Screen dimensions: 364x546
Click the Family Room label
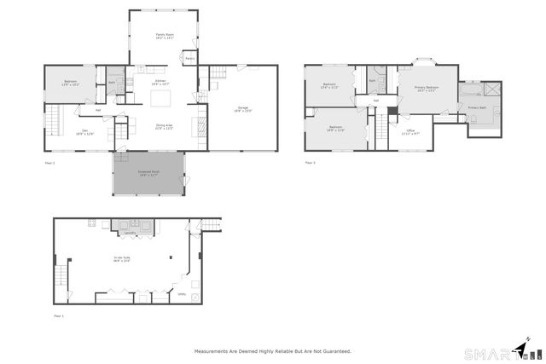pos(165,38)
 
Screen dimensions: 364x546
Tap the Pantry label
pos(190,59)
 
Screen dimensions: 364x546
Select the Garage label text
pos(243,109)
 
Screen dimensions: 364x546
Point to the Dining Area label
pos(164,126)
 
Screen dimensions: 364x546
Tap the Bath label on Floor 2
pos(112,83)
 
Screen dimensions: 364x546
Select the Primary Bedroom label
pos(427,89)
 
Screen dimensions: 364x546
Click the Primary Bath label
pos(477,108)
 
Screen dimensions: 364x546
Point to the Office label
pos(410,131)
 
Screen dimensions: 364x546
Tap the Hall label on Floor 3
pos(375,101)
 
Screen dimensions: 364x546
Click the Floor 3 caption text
pos(310,161)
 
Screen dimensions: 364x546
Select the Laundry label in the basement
pos(131,233)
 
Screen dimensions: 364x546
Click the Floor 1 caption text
pos(59,315)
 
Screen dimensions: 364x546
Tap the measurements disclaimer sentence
pos(272,350)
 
